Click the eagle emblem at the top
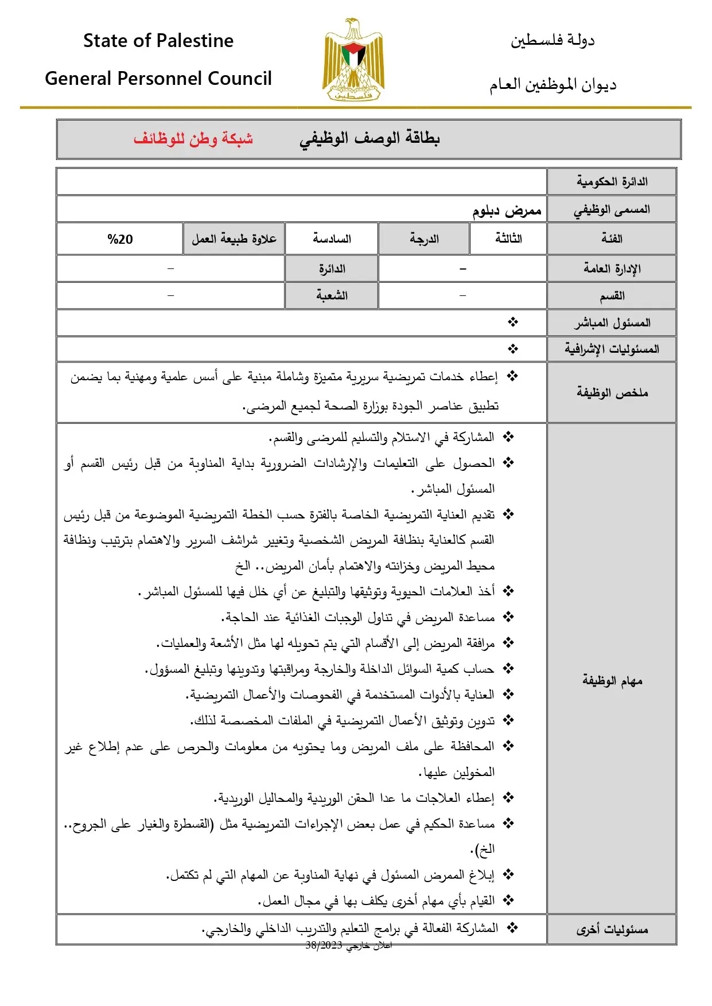[x=352, y=61]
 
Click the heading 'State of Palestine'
[x=158, y=41]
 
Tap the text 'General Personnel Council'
[x=158, y=79]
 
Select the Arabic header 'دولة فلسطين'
[x=553, y=40]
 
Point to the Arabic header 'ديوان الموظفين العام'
[x=553, y=85]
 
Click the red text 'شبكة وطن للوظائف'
[x=193, y=139]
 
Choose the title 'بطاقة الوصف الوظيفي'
[x=369, y=138]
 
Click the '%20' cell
[x=120, y=239]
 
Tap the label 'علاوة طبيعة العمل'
[x=234, y=239]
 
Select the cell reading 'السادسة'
[x=332, y=239]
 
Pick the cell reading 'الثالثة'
[x=508, y=239]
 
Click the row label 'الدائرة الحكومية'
[x=612, y=182]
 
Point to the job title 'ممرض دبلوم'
[x=507, y=210]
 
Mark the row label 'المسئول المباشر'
[x=612, y=323]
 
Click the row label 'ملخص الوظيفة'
[x=612, y=393]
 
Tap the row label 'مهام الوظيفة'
[x=612, y=681]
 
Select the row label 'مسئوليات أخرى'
[x=612, y=930]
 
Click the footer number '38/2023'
[x=324, y=945]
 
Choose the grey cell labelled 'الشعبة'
[x=332, y=296]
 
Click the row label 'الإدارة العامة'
[x=612, y=268]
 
